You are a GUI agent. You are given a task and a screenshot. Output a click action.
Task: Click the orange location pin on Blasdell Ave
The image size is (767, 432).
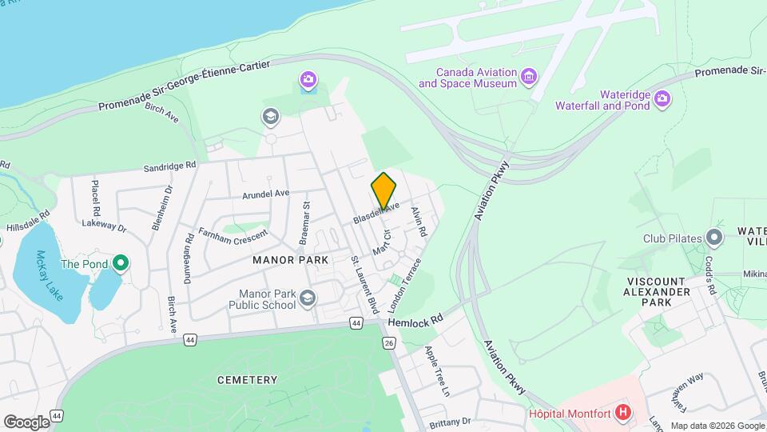383,191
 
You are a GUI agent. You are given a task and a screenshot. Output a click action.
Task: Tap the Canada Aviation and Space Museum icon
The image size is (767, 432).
528,77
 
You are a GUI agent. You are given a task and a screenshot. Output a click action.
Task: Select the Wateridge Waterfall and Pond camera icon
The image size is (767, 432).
662,98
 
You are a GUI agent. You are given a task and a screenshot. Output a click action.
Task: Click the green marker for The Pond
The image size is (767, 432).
121,262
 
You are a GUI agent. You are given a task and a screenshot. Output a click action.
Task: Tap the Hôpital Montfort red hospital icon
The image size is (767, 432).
624,414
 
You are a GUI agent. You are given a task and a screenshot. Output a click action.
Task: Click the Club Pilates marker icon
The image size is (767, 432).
713,238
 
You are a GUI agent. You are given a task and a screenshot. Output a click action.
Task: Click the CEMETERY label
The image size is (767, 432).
247,380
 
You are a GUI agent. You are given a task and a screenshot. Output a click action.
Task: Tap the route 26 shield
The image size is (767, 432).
389,343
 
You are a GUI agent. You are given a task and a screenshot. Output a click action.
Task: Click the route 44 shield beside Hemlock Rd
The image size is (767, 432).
356,322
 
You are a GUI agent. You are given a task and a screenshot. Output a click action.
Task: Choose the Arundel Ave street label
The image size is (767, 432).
266,194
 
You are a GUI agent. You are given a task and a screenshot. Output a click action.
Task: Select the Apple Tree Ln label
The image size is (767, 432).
438,370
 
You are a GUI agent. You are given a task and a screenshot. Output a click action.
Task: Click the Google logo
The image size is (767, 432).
26,422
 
